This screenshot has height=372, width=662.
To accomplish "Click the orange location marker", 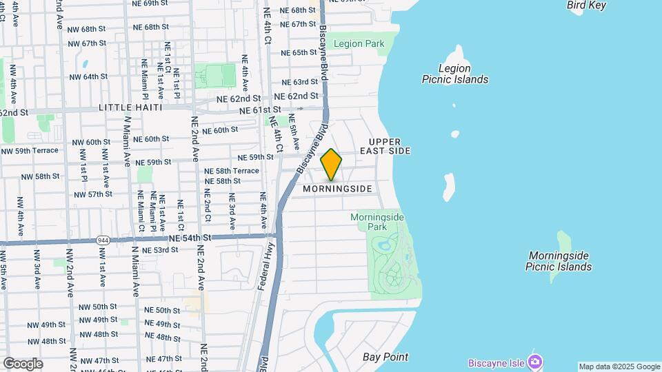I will click(x=332, y=164).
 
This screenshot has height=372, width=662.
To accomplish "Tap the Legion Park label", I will click(x=359, y=44).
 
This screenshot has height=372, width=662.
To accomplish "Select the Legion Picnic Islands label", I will click(x=455, y=74).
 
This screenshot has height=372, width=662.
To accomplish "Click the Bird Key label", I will click(x=586, y=6).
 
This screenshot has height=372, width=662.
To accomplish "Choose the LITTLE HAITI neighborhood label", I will click(x=130, y=107).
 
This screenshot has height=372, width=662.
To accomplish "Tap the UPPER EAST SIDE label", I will click(x=385, y=146).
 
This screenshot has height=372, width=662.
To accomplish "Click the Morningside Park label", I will click(x=377, y=221).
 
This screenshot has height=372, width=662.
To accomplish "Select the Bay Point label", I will click(x=385, y=357).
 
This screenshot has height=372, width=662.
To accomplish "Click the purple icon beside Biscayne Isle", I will click(x=535, y=362).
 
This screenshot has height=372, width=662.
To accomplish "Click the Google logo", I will click(x=23, y=363).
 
